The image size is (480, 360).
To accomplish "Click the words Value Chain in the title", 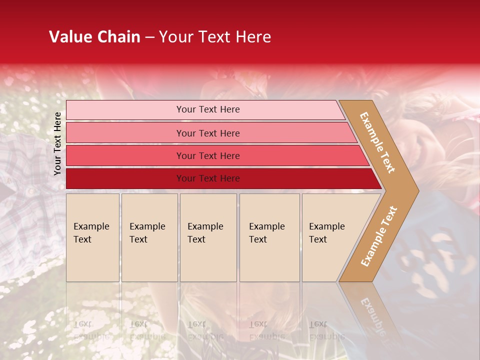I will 94,37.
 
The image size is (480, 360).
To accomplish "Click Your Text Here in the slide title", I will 215,37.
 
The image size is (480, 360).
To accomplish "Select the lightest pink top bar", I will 125,110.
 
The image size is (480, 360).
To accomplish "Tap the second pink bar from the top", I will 125,133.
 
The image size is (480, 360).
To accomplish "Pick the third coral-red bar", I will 125,155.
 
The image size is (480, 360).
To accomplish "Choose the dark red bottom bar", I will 125,178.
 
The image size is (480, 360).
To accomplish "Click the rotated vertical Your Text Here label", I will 57,143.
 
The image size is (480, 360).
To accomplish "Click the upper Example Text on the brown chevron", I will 377,142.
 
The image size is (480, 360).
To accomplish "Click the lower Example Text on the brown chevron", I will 378,236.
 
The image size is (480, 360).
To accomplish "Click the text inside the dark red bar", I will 208,178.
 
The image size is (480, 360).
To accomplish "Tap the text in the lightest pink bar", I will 208,109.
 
